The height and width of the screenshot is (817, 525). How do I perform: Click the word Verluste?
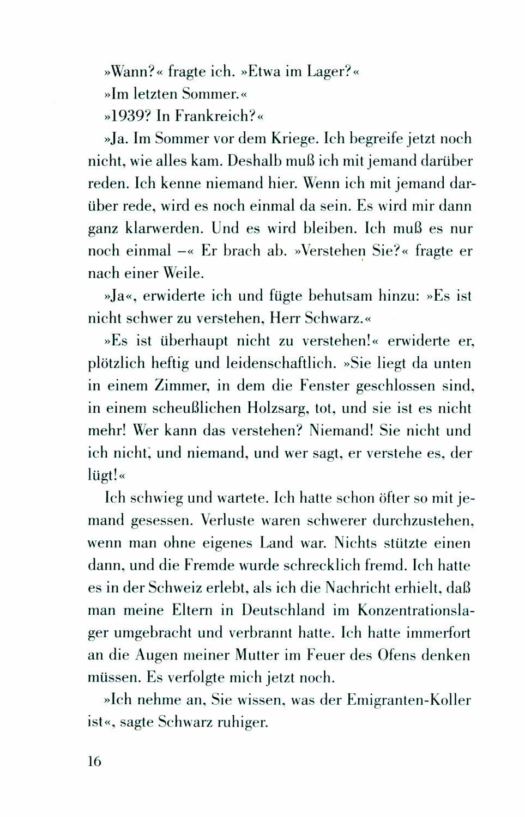pyautogui.click(x=227, y=520)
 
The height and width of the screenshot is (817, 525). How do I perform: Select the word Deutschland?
pyautogui.click(x=283, y=610)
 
